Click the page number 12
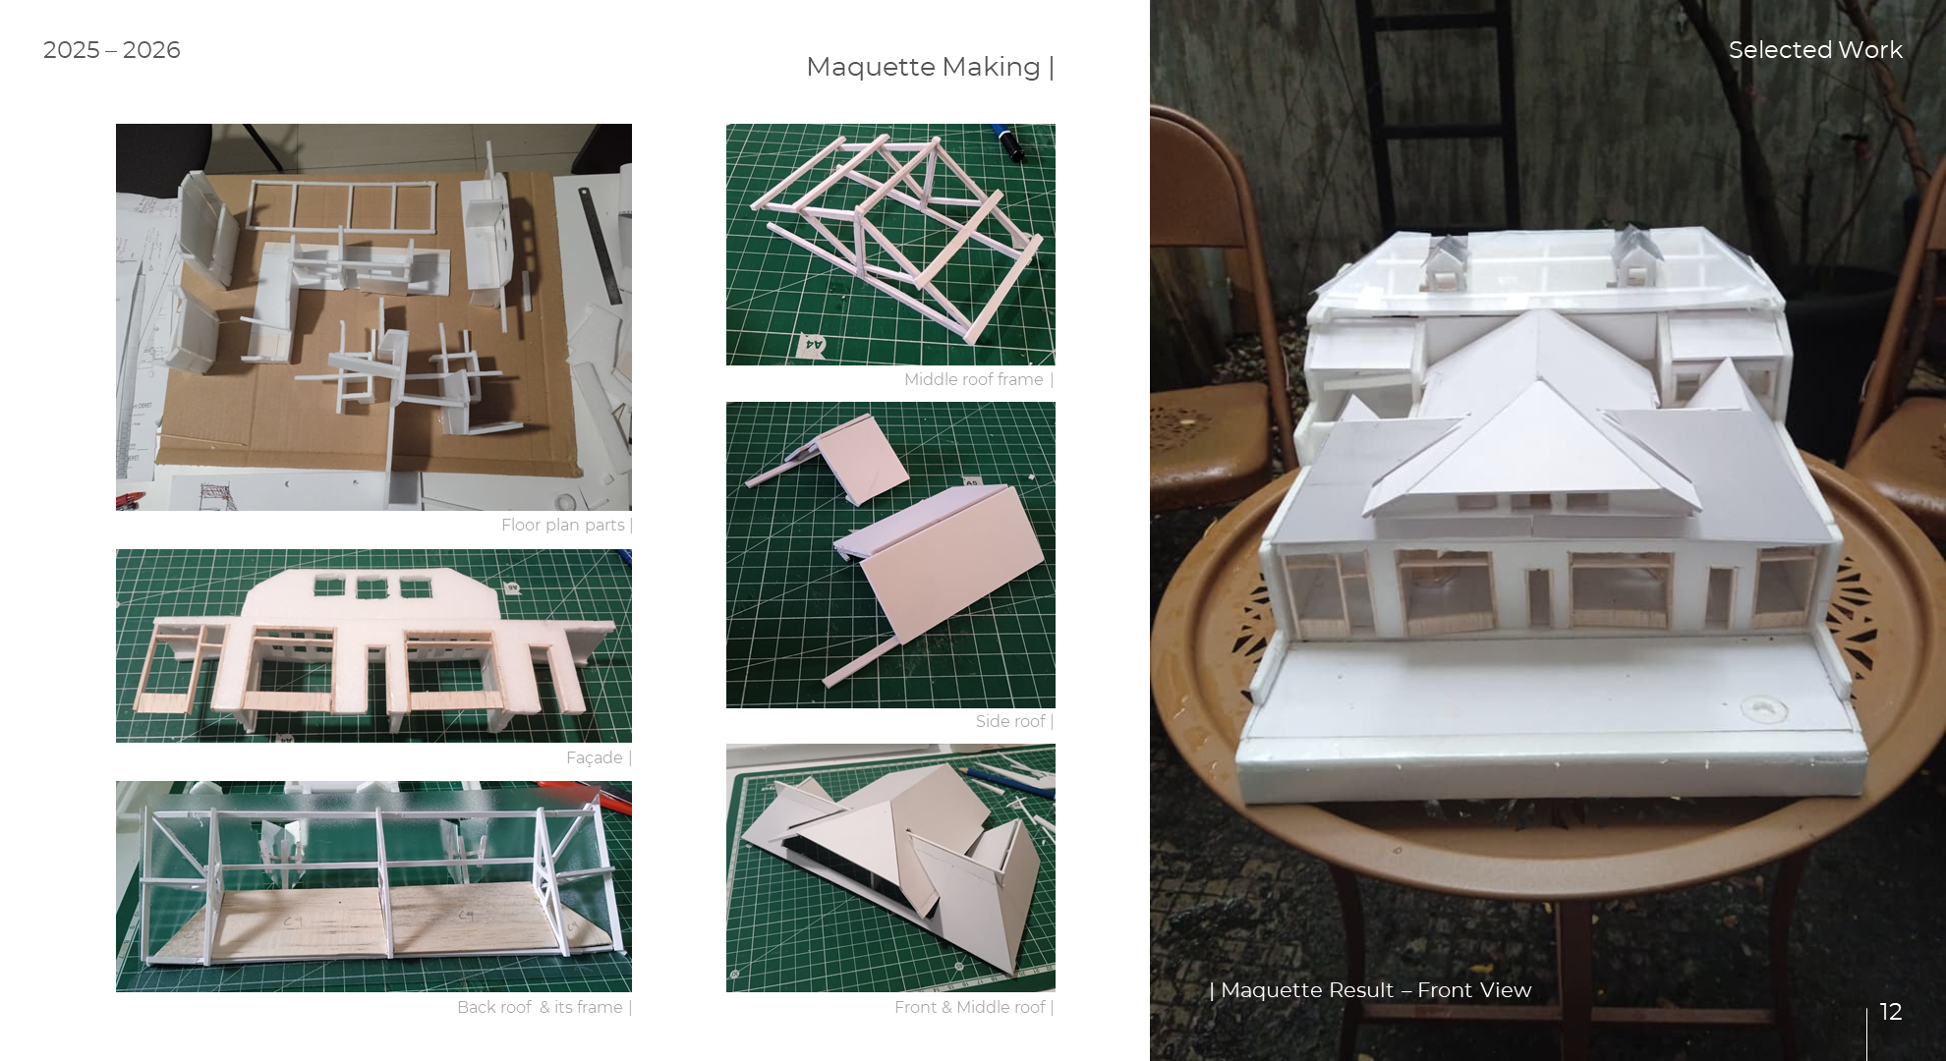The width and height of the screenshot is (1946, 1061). coord(1890,1012)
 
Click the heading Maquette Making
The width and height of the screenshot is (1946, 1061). coord(923,67)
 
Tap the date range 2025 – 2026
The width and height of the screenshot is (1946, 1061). coord(112,50)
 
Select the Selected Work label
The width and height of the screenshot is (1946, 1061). coord(1814,50)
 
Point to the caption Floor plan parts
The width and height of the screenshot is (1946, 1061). coord(563,526)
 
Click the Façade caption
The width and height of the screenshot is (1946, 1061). coord(595,758)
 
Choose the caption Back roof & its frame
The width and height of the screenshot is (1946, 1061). coord(540,1008)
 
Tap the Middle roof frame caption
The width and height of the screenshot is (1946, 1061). coord(974,380)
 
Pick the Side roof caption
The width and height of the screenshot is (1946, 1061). coord(1010,722)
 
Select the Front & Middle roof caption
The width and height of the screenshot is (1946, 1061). coord(970,1008)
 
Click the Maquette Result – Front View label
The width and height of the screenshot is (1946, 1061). coord(1375,990)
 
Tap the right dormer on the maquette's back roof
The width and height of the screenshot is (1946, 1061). coord(1635,257)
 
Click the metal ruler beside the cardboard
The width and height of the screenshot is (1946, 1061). coord(601,246)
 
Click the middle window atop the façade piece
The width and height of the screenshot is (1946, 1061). coord(372,587)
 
